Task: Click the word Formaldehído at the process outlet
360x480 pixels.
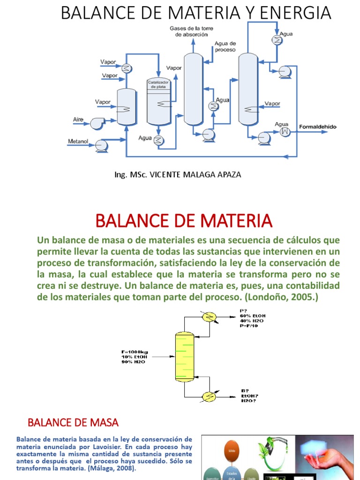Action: pos(318,127)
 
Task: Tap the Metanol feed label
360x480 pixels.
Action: pos(78,141)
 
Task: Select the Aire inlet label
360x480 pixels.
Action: pos(78,120)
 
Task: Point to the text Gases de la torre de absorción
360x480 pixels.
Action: pos(191,31)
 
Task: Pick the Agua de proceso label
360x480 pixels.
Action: pos(225,46)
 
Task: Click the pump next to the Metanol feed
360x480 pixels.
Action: pos(101,145)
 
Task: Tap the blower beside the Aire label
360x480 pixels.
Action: pos(97,122)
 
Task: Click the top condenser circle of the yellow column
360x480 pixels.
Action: pos(208,318)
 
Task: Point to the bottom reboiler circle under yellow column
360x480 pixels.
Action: pos(208,397)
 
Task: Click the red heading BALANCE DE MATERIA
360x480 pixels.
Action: pos(184,220)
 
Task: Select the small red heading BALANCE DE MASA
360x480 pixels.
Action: pos(73,422)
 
